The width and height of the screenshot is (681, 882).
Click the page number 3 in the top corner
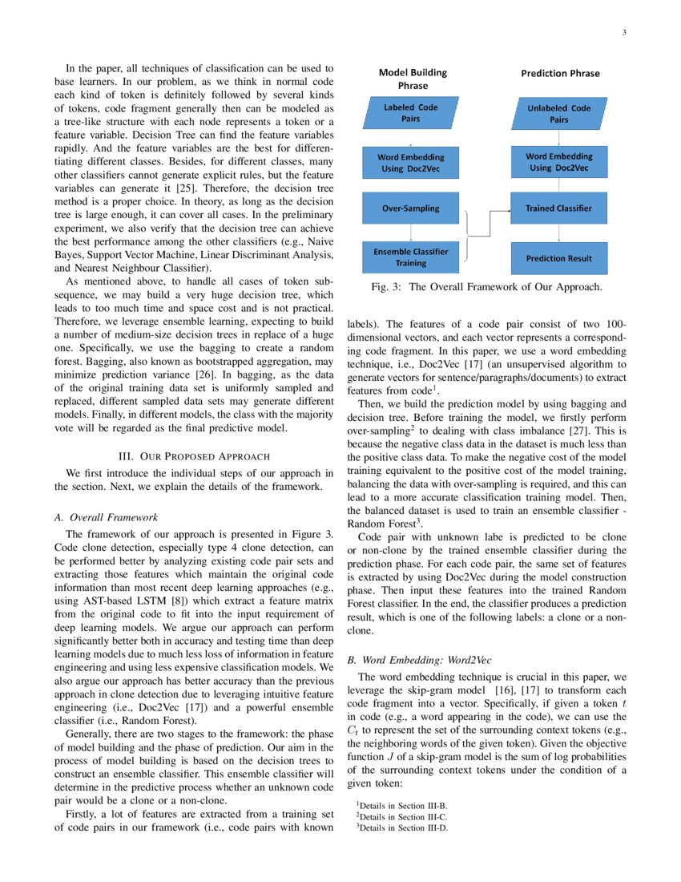(623, 33)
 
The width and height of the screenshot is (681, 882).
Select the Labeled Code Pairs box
(411, 113)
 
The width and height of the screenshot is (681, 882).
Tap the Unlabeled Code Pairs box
(559, 114)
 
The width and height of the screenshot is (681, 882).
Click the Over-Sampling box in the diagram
(411, 208)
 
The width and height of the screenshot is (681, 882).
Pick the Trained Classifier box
(558, 208)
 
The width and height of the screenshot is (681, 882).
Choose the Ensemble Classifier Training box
(411, 257)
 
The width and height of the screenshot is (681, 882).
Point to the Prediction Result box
(558, 258)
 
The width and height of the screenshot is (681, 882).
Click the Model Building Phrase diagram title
(413, 79)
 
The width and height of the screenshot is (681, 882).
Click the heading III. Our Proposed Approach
(193, 456)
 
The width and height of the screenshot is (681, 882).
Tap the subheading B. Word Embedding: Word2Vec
(419, 661)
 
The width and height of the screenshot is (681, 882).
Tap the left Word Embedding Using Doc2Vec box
(411, 163)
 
